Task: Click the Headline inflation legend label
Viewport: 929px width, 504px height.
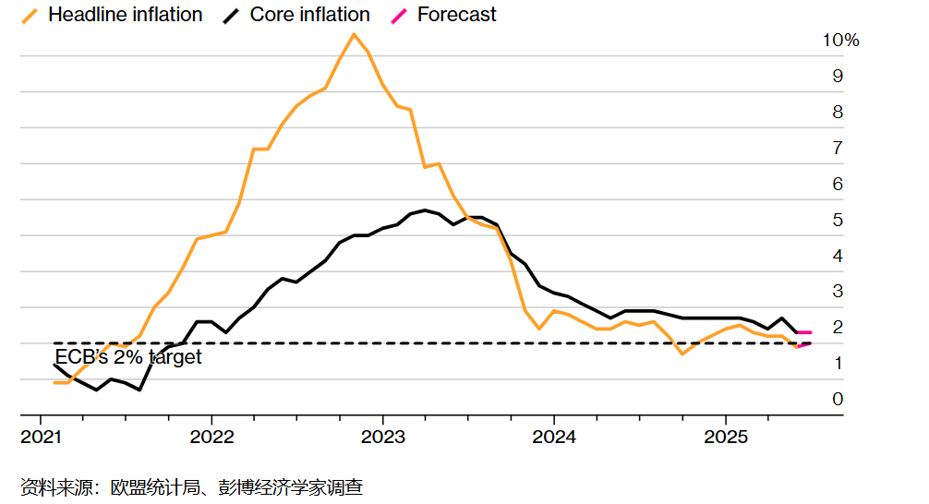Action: tap(125, 15)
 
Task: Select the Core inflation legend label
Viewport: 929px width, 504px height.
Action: tap(309, 15)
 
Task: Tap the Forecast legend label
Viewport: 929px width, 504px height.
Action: tap(456, 15)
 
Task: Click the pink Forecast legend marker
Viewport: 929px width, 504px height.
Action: tap(399, 15)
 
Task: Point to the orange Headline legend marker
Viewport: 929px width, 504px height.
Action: tap(30, 15)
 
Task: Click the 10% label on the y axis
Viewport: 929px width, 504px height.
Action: tap(840, 41)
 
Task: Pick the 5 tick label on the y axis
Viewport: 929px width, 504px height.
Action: tap(838, 220)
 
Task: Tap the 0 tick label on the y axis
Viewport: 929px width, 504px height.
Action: tap(838, 399)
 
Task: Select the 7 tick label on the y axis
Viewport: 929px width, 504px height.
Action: tap(838, 148)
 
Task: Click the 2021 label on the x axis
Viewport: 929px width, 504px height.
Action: tap(41, 437)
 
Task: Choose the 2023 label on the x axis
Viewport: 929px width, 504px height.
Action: tap(383, 437)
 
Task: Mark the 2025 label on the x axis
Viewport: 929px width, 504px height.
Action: tap(726, 437)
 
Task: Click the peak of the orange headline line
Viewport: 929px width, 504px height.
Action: tap(354, 34)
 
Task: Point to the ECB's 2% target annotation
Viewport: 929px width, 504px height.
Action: tap(127, 357)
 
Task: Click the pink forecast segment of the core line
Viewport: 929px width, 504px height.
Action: tap(804, 332)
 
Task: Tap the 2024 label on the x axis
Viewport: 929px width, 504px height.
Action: tap(554, 437)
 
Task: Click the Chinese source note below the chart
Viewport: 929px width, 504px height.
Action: tap(191, 486)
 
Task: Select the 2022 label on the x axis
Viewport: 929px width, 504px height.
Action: tap(211, 437)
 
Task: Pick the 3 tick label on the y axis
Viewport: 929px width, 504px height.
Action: tap(838, 291)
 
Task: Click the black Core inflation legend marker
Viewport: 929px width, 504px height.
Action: tap(232, 15)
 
